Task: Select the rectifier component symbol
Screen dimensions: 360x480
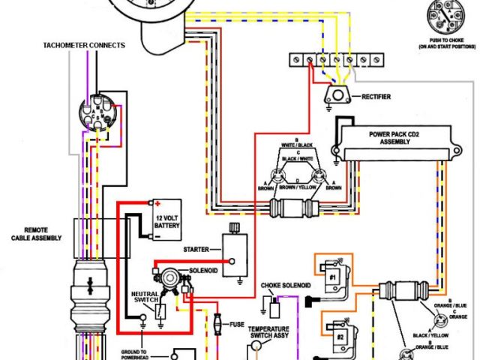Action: (337, 95)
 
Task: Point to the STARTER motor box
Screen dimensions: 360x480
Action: (238, 251)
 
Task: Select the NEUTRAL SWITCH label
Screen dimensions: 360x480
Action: (144, 298)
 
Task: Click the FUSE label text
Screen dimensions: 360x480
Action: (237, 325)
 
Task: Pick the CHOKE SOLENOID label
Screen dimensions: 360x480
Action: (284, 286)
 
